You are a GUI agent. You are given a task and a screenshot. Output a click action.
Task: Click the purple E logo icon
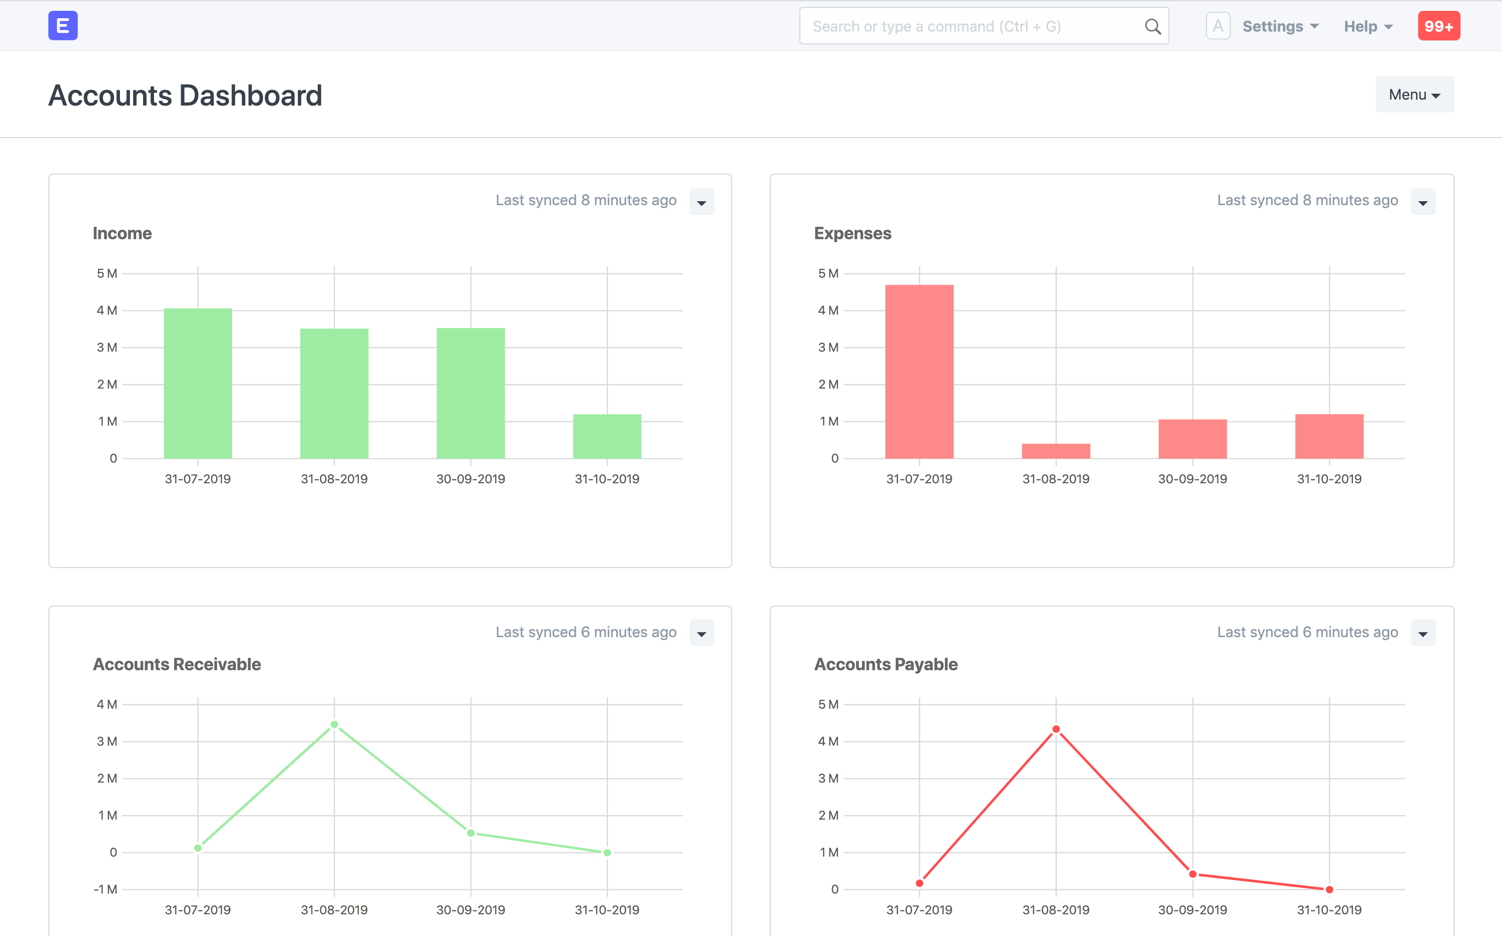(x=63, y=26)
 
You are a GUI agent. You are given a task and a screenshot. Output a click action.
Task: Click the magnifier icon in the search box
(x=1152, y=27)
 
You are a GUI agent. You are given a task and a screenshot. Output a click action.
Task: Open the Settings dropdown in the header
(x=1279, y=27)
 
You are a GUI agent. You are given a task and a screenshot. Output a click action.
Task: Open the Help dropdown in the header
(x=1368, y=27)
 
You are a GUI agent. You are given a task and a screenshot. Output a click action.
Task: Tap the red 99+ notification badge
(x=1438, y=27)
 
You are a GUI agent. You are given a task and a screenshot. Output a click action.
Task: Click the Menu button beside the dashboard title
(x=1414, y=95)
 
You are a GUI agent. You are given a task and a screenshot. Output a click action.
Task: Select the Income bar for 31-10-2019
(x=607, y=436)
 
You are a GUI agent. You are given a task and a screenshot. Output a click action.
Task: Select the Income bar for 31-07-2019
(x=197, y=384)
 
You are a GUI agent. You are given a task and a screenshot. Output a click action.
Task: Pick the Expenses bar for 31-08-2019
(x=1055, y=451)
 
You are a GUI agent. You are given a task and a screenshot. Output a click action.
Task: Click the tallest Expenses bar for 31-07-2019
(x=919, y=371)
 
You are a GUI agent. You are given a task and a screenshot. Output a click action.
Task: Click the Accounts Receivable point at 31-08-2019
(x=335, y=724)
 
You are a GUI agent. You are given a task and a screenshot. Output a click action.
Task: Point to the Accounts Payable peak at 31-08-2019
(x=1056, y=729)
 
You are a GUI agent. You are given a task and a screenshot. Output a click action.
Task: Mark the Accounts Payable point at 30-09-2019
(x=1192, y=874)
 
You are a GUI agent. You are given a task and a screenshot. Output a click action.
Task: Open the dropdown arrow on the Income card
(x=702, y=202)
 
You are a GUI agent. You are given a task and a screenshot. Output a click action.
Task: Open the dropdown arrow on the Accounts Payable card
(x=1423, y=633)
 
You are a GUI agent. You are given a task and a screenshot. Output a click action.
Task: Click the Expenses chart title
(x=852, y=233)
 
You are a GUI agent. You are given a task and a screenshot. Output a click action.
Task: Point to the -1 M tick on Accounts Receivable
(x=105, y=889)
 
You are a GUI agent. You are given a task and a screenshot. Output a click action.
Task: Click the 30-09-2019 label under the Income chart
(x=471, y=478)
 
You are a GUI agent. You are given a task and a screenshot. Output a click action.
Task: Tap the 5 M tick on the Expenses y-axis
(x=828, y=273)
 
